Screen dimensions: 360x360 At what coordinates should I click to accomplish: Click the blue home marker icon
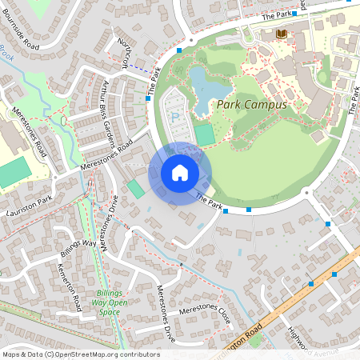coord(180,173)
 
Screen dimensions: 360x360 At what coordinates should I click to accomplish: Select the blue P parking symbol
coord(176,117)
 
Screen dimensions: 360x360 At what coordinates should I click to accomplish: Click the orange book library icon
coord(281,34)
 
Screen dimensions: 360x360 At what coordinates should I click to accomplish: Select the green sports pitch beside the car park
coord(206,134)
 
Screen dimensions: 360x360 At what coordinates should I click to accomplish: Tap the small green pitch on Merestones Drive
coord(137,189)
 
